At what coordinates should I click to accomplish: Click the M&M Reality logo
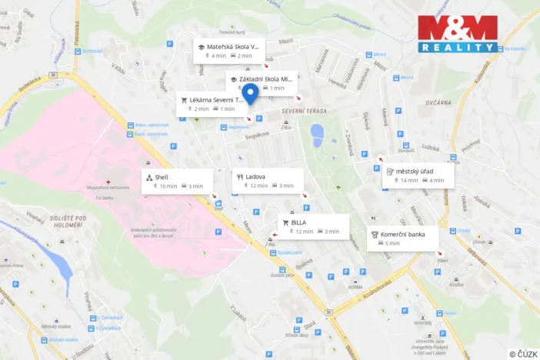pyautogui.click(x=458, y=34)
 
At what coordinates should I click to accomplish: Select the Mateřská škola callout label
pyautogui.click(x=229, y=50)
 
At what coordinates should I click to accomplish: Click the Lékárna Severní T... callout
pyautogui.click(x=211, y=104)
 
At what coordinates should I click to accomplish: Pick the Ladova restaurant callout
pyautogui.click(x=267, y=181)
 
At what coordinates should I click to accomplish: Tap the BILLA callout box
pyautogui.click(x=312, y=226)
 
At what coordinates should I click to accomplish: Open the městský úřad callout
pyautogui.click(x=418, y=175)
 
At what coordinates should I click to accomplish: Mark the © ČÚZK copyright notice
pyautogui.click(x=522, y=354)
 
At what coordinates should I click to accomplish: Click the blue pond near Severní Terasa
pyautogui.click(x=317, y=135)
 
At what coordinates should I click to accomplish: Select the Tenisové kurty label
pyautogui.click(x=231, y=32)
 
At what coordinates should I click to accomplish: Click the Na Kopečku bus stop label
pyautogui.click(x=514, y=49)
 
